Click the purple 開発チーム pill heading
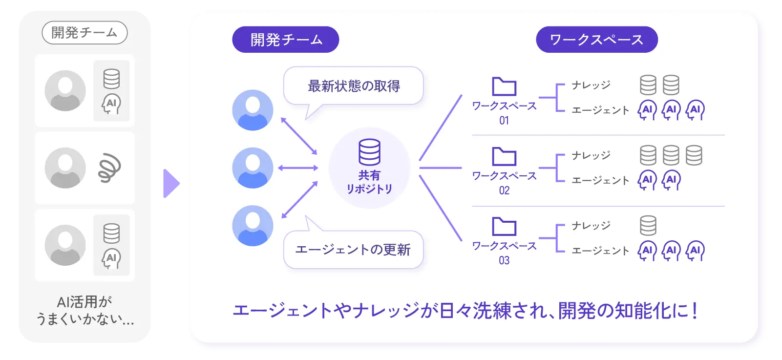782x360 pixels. pyautogui.click(x=286, y=40)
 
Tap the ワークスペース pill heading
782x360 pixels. pyautogui.click(x=596, y=40)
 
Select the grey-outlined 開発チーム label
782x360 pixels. pyautogui.click(x=85, y=33)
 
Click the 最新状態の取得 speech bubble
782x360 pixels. pyautogui.click(x=354, y=86)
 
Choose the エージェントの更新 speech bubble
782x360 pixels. pyautogui.click(x=353, y=250)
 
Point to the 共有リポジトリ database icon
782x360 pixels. pyautogui.click(x=369, y=152)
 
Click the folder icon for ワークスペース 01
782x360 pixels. pyautogui.click(x=504, y=86)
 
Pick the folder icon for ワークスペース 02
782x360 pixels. pyautogui.click(x=504, y=156)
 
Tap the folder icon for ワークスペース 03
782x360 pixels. pyautogui.click(x=504, y=227)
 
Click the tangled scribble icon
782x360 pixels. pyautogui.click(x=110, y=168)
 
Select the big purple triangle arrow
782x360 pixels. pyautogui.click(x=170, y=183)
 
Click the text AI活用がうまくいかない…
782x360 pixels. pyautogui.click(x=85, y=310)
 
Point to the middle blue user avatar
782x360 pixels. pyautogui.click(x=253, y=168)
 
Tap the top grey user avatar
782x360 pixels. pyautogui.click(x=65, y=90)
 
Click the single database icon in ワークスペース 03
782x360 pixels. pyautogui.click(x=648, y=226)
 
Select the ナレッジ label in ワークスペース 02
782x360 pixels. pyautogui.click(x=591, y=155)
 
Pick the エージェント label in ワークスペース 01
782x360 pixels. pyautogui.click(x=600, y=110)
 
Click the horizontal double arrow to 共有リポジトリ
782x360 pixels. pyautogui.click(x=298, y=168)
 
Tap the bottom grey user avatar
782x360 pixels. pyautogui.click(x=65, y=245)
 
